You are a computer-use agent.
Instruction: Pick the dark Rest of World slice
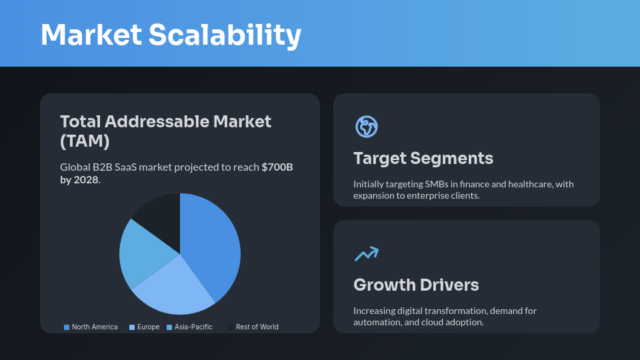[x=160, y=213]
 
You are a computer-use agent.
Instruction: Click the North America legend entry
[x=91, y=327]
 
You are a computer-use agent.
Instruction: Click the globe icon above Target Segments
[x=367, y=127]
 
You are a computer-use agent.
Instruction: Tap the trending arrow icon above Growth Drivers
[x=366, y=253]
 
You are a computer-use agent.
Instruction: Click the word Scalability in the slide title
[x=225, y=35]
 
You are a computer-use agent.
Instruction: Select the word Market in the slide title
[x=91, y=35]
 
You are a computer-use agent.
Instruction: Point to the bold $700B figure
[x=277, y=167]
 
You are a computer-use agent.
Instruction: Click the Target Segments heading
[x=423, y=158]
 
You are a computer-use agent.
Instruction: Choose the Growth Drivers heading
[x=416, y=285]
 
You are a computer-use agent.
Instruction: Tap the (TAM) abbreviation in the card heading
[x=85, y=141]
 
